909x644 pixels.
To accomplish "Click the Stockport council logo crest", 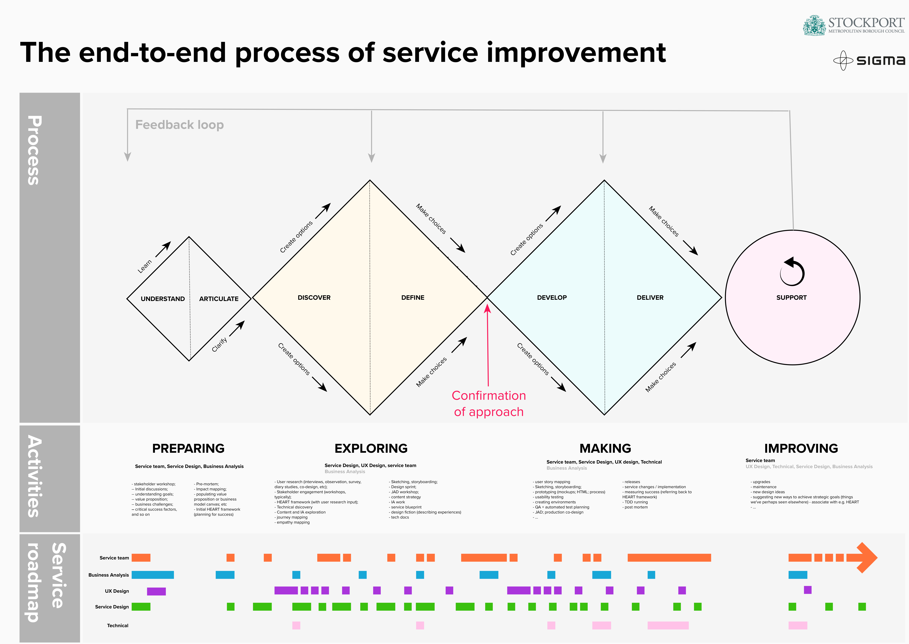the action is (814, 25).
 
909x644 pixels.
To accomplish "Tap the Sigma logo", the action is (869, 60).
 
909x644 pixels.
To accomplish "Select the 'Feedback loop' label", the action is (180, 125).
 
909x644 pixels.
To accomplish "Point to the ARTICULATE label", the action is (219, 299).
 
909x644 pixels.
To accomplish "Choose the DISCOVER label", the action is (314, 297).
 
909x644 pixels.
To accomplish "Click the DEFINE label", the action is (413, 297).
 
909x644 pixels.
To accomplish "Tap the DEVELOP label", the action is (552, 297).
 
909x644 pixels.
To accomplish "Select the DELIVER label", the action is (650, 297).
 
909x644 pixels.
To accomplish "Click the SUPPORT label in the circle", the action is (791, 297).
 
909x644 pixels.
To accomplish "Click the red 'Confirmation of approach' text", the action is (489, 403).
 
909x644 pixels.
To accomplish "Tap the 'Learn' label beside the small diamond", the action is (145, 266).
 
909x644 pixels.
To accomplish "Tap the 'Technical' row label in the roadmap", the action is (118, 625).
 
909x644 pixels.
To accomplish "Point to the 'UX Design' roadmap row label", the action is (117, 591).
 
